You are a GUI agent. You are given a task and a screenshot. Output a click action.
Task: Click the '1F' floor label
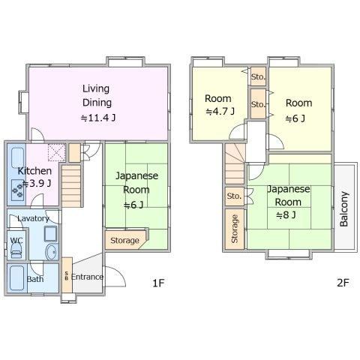coord(158,283)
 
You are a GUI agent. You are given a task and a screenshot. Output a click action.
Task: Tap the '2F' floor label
coord(343,283)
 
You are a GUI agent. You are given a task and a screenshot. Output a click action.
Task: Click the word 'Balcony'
coord(344,209)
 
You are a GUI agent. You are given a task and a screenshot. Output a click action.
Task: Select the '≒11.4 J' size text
coord(98,118)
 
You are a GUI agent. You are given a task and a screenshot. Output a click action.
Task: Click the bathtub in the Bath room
coord(17,278)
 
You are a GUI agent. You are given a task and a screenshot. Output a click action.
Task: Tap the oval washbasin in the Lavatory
coord(52,251)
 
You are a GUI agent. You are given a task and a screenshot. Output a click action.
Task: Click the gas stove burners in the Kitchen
coord(18,190)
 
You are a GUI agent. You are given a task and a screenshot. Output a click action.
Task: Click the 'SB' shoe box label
coord(67,275)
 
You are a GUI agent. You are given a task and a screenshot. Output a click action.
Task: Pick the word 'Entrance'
coord(87,277)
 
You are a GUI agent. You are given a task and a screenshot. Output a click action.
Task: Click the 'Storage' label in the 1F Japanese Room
coord(124,241)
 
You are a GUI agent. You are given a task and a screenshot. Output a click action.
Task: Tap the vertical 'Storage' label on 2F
coord(235,229)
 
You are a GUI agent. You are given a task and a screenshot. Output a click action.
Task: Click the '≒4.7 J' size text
coord(220,111)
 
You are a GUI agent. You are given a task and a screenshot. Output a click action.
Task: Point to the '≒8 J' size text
coord(286,214)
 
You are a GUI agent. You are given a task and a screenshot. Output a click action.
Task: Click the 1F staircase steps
coord(71,186)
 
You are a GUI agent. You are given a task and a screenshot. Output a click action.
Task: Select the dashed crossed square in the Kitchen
coord(56,152)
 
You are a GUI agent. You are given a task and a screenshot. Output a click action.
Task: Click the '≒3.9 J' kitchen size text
coord(37,184)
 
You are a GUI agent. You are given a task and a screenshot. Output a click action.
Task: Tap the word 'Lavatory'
coord(33,218)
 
